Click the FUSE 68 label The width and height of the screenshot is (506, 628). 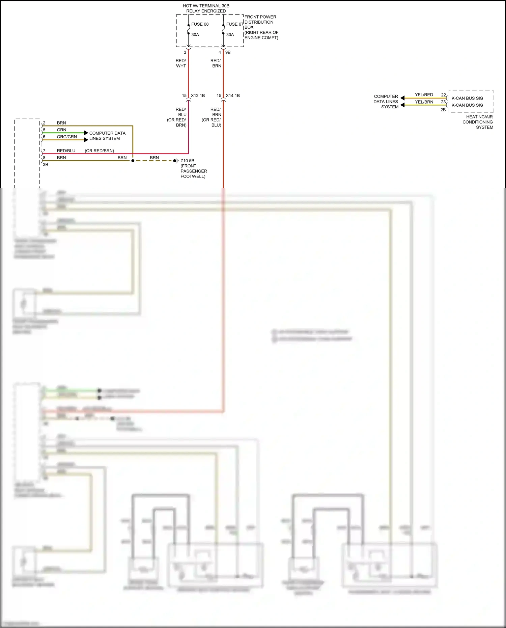(x=200, y=24)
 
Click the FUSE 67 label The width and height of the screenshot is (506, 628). (x=234, y=24)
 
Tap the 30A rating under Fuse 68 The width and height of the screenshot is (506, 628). (x=195, y=35)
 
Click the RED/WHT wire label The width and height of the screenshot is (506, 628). (x=181, y=63)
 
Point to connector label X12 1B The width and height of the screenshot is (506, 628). (x=198, y=95)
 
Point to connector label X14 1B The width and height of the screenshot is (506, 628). (x=233, y=95)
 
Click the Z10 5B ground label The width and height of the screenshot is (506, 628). (x=187, y=161)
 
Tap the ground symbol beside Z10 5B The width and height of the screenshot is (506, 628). (x=176, y=161)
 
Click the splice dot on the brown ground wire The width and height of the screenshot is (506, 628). (x=133, y=161)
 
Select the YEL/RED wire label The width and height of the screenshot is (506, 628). (x=424, y=95)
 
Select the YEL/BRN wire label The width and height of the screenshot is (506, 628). (x=424, y=102)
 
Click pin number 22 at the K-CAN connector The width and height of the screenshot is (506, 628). (x=443, y=95)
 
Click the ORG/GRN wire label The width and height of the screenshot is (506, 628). (x=67, y=137)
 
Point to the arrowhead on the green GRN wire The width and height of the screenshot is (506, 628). (x=86, y=133)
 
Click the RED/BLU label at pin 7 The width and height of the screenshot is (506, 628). (x=66, y=151)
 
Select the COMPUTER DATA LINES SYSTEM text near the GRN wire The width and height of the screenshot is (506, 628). (x=107, y=136)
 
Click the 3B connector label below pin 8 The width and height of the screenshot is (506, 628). (x=46, y=165)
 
